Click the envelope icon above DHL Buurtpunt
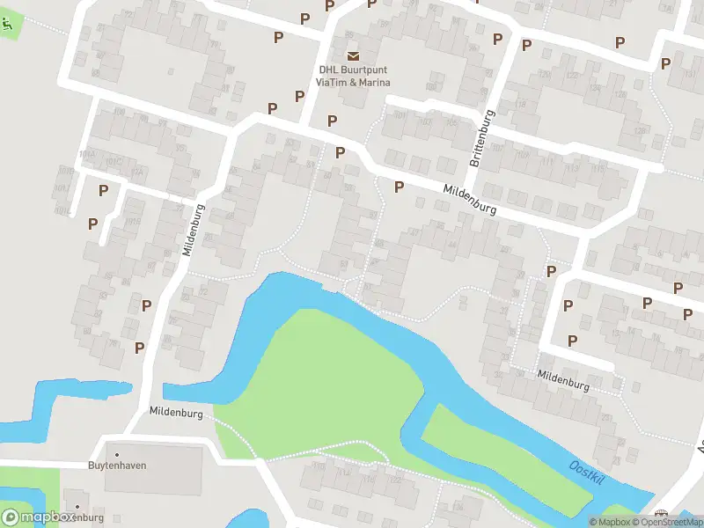click(x=353, y=56)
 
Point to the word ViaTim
click(x=332, y=83)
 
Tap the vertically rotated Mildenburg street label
click(x=193, y=230)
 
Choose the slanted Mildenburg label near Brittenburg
click(x=470, y=200)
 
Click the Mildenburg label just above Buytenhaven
click(x=176, y=412)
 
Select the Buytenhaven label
click(x=117, y=465)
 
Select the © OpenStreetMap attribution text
click(x=672, y=522)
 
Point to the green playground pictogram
click(x=7, y=26)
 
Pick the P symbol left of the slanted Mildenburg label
click(x=399, y=187)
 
